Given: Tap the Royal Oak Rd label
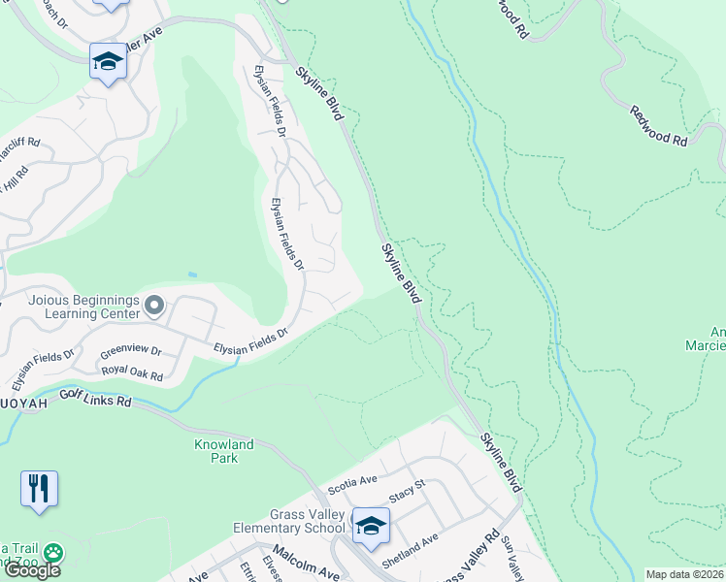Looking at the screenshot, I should [x=132, y=372].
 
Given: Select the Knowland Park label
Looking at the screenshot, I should [x=222, y=451].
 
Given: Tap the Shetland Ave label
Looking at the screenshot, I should [x=410, y=552].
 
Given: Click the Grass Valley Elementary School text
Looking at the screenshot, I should [x=288, y=521].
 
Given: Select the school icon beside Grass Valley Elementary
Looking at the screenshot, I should [x=371, y=526].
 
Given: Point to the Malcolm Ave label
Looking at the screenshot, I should [x=305, y=563].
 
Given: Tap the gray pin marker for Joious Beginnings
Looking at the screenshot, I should [x=153, y=307].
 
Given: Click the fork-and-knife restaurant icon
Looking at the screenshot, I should [x=39, y=489].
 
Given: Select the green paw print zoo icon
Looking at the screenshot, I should [x=52, y=554].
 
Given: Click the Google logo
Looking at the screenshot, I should [x=31, y=570].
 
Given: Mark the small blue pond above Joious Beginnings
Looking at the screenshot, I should [x=191, y=275].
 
